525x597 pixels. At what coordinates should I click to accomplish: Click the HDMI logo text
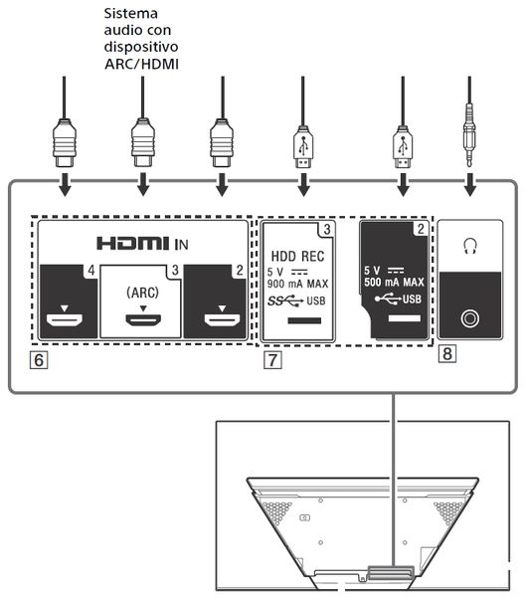[133, 244]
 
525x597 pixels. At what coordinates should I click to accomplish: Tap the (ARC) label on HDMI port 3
[142, 293]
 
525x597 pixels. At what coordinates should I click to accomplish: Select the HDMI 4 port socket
[65, 320]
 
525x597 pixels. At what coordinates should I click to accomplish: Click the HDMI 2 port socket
[222, 320]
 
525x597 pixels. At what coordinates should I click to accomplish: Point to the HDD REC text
[298, 257]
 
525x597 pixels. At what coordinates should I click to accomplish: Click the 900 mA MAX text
[297, 284]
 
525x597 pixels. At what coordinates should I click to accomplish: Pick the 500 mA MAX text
[394, 283]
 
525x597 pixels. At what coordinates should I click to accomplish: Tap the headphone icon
[470, 246]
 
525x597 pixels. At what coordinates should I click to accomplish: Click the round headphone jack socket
[470, 318]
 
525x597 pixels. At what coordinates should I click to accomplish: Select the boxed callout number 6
[39, 360]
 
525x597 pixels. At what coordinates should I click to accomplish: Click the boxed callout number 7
[272, 360]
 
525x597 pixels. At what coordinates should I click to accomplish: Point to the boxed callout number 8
[447, 353]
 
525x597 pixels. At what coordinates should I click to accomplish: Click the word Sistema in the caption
[131, 13]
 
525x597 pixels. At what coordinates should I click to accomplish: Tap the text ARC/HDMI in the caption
[141, 64]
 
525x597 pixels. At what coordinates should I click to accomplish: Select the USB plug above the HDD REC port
[303, 147]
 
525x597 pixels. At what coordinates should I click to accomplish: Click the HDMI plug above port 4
[65, 143]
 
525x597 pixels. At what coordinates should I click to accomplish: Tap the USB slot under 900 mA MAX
[304, 320]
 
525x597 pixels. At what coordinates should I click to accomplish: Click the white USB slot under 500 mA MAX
[404, 318]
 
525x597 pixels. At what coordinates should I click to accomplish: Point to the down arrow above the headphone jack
[470, 185]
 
